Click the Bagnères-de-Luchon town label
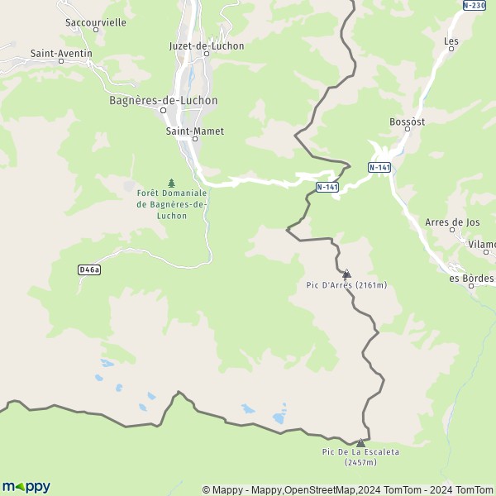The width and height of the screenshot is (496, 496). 163,100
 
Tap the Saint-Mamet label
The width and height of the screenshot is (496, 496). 194,131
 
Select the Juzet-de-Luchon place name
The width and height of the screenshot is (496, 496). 206,46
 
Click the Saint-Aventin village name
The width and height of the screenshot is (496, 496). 61,54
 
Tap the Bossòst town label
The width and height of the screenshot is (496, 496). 407,122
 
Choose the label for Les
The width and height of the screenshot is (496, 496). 451,40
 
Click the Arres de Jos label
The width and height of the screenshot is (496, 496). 451,222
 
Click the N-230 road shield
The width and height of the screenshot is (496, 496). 474,5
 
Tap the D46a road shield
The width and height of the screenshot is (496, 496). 88,269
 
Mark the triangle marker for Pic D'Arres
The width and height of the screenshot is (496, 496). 346,273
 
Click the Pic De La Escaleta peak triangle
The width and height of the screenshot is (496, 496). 360,442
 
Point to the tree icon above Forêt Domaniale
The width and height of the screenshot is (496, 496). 172,183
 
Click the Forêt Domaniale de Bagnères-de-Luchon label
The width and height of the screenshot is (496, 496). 172,204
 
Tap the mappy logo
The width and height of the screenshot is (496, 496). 26,486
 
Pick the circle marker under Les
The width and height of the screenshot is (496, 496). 451,49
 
